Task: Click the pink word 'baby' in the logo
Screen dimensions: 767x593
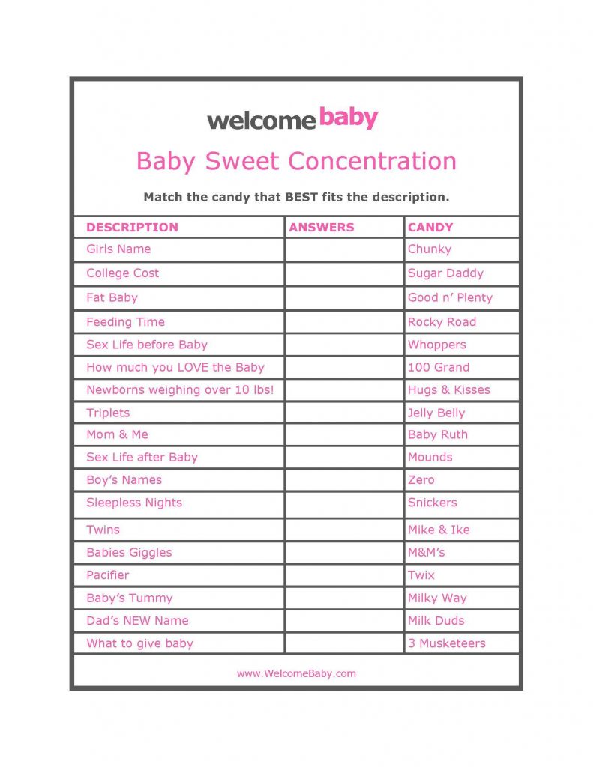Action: pyautogui.click(x=348, y=118)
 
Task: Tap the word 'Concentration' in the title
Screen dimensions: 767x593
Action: pyautogui.click(x=372, y=161)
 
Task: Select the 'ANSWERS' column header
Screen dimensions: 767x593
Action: pyautogui.click(x=322, y=227)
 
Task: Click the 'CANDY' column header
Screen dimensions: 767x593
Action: pyautogui.click(x=430, y=227)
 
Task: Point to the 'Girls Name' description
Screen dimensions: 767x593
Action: pyautogui.click(x=118, y=249)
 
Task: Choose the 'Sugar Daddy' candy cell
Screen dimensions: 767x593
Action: pyautogui.click(x=445, y=273)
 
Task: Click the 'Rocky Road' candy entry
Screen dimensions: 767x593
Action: pyautogui.click(x=442, y=322)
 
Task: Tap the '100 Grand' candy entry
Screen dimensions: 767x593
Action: pyautogui.click(x=439, y=367)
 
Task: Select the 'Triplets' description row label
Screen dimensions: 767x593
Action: pyautogui.click(x=108, y=413)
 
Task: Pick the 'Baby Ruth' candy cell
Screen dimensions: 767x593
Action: pyautogui.click(x=437, y=434)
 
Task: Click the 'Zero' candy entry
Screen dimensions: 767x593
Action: pyautogui.click(x=421, y=479)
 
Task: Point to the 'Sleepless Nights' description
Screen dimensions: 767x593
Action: pyautogui.click(x=134, y=503)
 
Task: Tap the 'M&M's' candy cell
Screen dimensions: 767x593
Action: pyautogui.click(x=426, y=552)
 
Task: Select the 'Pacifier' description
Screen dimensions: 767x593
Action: pyautogui.click(x=107, y=575)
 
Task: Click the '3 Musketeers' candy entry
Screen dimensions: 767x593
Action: pyautogui.click(x=446, y=643)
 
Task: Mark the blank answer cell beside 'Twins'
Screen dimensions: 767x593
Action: pyautogui.click(x=344, y=530)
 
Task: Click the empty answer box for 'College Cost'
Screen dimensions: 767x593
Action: pyautogui.click(x=344, y=273)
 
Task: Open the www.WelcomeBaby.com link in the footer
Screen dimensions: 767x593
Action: pyautogui.click(x=296, y=673)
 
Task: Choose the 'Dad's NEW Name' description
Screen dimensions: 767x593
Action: pyautogui.click(x=137, y=620)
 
